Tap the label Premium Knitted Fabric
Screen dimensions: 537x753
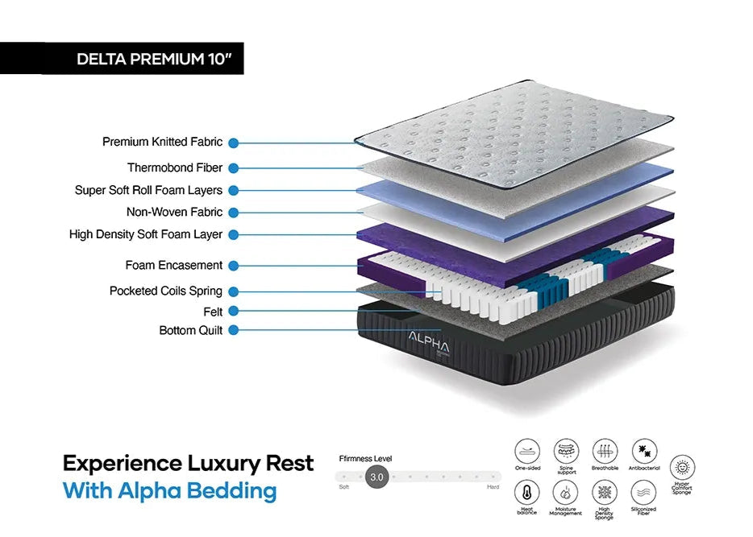162,142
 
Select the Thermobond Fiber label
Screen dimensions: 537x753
175,167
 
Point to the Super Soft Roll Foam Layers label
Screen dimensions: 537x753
148,190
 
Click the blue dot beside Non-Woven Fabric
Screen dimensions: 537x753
233,213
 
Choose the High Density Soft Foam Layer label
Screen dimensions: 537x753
146,234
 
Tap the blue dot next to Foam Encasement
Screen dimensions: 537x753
233,265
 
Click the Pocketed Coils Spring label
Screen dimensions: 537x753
166,291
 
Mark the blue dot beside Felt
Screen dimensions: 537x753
233,311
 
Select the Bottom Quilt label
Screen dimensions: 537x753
191,330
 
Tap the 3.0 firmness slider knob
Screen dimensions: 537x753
376,477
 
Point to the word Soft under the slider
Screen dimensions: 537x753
344,488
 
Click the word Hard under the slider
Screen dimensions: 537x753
493,488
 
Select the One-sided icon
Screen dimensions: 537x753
526,450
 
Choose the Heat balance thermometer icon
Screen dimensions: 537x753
526,491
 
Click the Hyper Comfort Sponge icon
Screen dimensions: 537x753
683,468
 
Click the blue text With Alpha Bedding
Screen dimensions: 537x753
169,490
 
